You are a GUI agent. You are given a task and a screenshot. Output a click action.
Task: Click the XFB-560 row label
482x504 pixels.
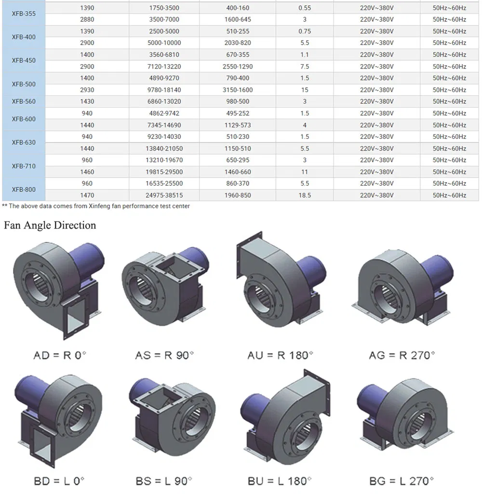(x=24, y=102)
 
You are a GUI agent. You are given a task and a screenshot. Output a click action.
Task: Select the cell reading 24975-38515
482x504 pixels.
(x=164, y=195)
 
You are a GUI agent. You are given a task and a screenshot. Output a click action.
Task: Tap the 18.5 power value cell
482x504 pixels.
(x=305, y=195)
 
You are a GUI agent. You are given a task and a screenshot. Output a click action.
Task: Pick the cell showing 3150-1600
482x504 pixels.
(x=238, y=90)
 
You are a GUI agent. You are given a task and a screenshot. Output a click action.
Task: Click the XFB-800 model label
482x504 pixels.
(x=24, y=190)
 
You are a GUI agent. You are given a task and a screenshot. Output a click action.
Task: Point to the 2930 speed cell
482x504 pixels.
(x=87, y=90)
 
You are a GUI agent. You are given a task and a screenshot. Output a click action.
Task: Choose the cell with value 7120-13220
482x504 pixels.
(x=164, y=67)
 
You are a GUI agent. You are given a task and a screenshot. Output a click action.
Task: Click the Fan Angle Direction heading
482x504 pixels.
(x=50, y=225)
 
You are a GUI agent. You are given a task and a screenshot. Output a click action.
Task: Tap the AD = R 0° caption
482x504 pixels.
(x=60, y=355)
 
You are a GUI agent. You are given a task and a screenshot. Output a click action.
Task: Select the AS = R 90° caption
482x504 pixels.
(x=164, y=355)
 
